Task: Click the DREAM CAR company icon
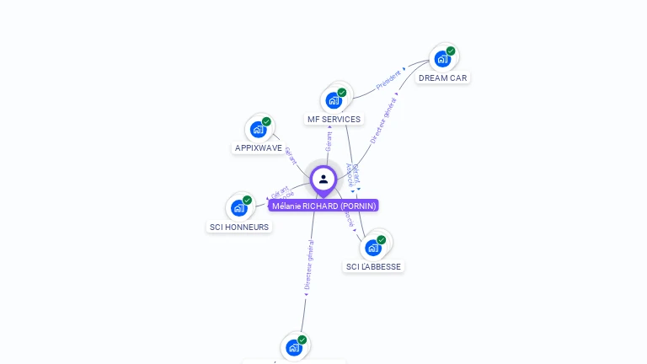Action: [442, 59]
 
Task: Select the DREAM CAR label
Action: [442, 78]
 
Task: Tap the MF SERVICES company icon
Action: [334, 100]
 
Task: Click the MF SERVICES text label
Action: [334, 120]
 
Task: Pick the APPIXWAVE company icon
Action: [259, 130]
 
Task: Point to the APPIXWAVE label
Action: [259, 148]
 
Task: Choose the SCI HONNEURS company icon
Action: [239, 207]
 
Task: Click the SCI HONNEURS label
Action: [239, 227]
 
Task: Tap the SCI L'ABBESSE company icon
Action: [373, 248]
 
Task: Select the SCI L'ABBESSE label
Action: [373, 267]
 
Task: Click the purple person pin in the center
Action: [323, 179]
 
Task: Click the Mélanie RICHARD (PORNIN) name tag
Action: [323, 206]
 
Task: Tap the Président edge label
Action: [388, 80]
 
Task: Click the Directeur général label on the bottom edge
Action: [309, 265]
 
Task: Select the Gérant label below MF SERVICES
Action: [329, 141]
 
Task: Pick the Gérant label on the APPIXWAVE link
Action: [291, 157]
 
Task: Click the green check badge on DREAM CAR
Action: [451, 51]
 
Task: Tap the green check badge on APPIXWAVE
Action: [266, 121]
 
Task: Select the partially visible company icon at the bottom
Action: [293, 347]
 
